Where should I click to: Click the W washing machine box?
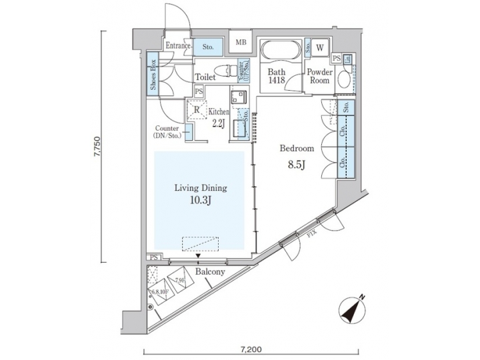click(320, 47)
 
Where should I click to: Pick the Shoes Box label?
click(153, 75)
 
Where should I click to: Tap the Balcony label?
click(209, 273)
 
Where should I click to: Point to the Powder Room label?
click(318, 75)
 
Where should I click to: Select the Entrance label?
click(178, 46)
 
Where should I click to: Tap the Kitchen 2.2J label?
click(219, 117)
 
